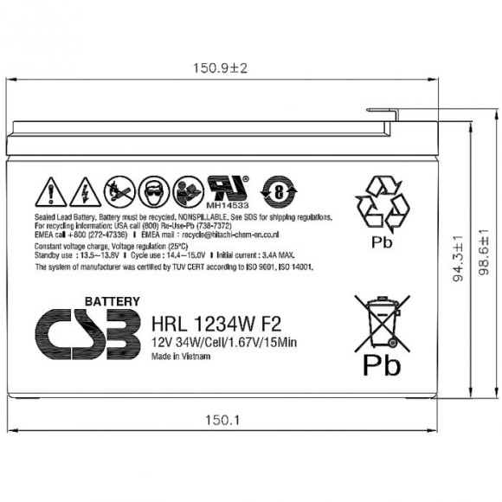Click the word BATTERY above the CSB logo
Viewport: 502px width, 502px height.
click(x=112, y=301)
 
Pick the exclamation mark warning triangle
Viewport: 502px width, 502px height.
click(x=52, y=191)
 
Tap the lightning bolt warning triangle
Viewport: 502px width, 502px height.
click(x=85, y=191)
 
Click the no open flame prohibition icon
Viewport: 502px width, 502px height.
click(x=117, y=190)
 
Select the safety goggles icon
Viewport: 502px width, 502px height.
click(x=151, y=190)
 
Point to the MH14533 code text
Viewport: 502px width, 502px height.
click(x=227, y=205)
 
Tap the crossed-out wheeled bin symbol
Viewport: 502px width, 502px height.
click(x=381, y=321)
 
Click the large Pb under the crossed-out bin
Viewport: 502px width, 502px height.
click(x=381, y=365)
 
